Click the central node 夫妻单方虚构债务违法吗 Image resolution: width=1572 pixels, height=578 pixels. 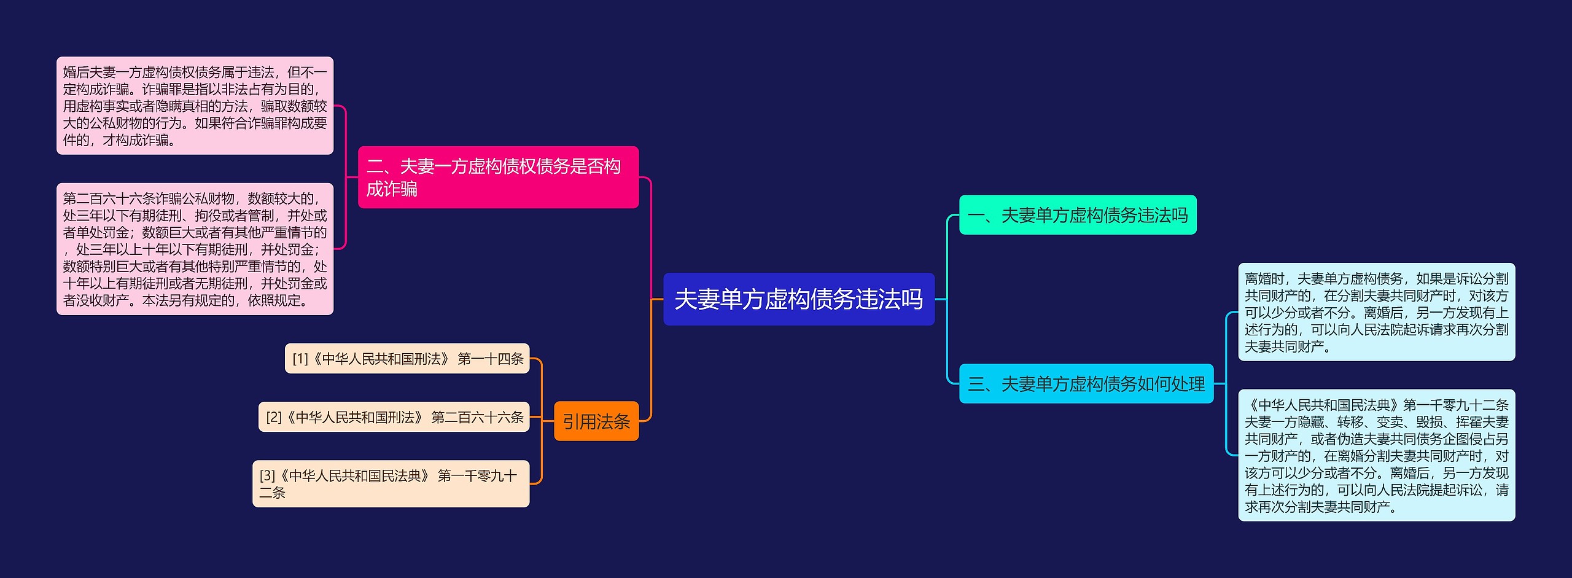[x=798, y=299]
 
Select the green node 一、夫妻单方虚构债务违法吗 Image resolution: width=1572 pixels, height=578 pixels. [x=1078, y=215]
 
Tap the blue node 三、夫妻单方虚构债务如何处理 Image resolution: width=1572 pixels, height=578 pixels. [x=1086, y=384]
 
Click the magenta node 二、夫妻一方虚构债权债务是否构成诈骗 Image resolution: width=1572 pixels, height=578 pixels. [x=498, y=177]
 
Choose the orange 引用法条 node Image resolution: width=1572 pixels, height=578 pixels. [x=596, y=421]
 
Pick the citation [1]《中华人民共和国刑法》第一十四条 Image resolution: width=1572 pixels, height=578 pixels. [x=407, y=359]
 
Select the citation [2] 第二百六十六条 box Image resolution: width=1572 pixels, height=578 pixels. [x=394, y=417]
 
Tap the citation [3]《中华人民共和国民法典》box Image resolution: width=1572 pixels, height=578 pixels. [x=391, y=483]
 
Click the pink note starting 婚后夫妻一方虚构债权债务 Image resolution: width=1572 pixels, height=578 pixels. [x=195, y=106]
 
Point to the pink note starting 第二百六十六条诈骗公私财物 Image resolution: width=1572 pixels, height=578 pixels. [x=195, y=249]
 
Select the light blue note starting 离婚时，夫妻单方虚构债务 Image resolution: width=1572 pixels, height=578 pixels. [x=1376, y=312]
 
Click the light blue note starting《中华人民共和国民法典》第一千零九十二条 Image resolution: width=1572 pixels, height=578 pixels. [x=1376, y=455]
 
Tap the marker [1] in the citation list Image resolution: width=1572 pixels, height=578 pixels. [x=300, y=359]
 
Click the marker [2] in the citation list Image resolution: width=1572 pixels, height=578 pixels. [x=274, y=418]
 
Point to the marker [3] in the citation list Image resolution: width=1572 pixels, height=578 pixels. [x=267, y=476]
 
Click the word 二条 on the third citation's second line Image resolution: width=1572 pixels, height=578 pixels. [x=273, y=493]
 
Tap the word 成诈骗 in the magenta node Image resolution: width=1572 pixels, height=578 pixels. [x=392, y=189]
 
